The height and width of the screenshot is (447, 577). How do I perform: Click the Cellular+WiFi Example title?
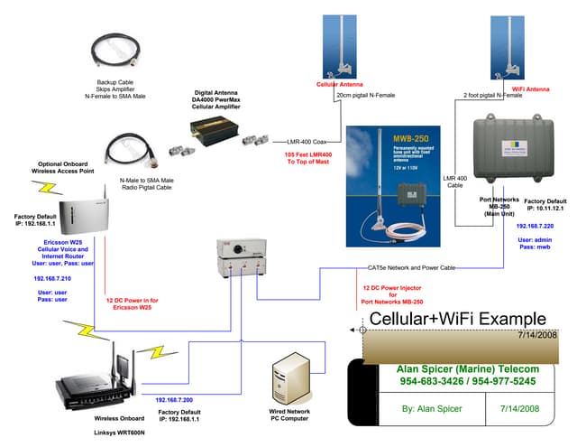coord(457,319)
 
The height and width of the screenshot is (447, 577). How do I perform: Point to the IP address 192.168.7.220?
coord(535,227)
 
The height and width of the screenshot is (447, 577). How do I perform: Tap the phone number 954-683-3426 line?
coord(455,382)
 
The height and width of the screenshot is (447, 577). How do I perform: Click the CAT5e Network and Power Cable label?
coord(410,268)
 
